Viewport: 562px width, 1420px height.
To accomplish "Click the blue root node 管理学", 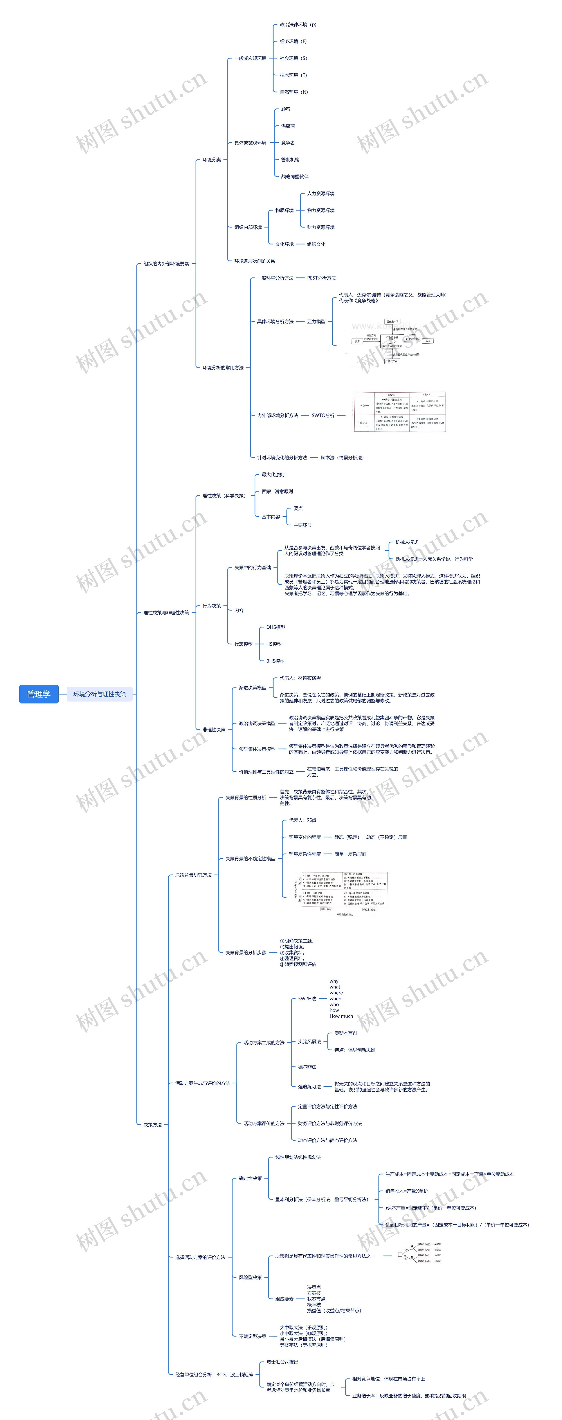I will (39, 694).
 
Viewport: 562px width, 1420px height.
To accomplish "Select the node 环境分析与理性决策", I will (100, 694).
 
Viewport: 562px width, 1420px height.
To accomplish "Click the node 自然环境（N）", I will (294, 92).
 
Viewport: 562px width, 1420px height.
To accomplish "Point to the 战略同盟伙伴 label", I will (295, 176).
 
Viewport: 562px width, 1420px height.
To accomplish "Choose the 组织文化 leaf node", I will (316, 244).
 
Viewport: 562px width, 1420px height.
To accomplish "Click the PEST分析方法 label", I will (321, 278).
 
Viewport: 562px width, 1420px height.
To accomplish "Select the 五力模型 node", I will (316, 321).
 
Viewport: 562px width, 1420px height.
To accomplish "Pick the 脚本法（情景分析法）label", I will (342, 458).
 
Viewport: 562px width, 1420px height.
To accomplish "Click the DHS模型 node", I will (276, 627).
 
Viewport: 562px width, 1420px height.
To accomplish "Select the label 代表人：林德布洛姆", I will (300, 678).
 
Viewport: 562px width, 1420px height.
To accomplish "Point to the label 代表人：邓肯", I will (303, 820).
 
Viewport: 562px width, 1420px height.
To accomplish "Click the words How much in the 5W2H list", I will (341, 1016).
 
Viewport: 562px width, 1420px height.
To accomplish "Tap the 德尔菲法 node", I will (307, 1067).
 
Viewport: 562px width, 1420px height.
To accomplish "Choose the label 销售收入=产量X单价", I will (407, 1191).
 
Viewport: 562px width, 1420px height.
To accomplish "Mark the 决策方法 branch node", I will (153, 1125).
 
